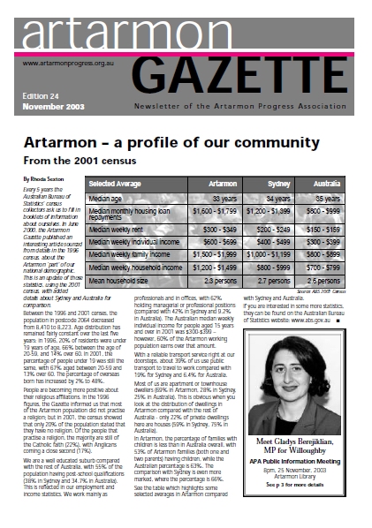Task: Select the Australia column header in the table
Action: click(x=336, y=183)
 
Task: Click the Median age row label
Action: click(x=109, y=199)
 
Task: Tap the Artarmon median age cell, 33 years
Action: click(x=221, y=199)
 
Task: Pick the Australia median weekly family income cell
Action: click(x=336, y=254)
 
